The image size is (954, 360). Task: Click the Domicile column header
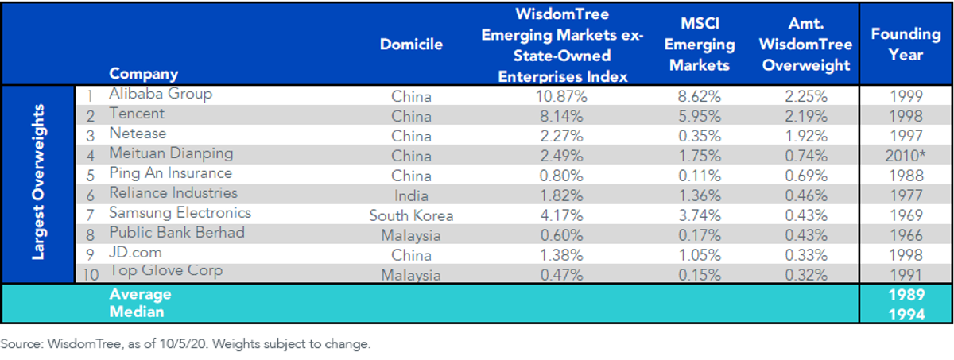click(411, 45)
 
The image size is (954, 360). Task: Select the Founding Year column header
click(906, 45)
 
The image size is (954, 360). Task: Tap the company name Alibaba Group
click(161, 94)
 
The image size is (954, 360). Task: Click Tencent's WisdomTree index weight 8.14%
click(561, 116)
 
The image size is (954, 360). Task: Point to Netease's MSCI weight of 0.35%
click(700, 136)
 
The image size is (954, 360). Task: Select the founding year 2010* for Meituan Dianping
click(906, 156)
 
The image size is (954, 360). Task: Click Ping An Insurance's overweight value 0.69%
click(806, 176)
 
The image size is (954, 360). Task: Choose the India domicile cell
click(411, 195)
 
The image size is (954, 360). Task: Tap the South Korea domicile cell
click(411, 215)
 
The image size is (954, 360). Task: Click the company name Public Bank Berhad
click(177, 232)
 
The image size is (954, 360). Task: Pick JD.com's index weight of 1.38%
click(561, 255)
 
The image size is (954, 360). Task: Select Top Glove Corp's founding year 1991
click(906, 274)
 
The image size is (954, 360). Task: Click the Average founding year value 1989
click(906, 295)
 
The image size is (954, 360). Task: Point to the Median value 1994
click(906, 315)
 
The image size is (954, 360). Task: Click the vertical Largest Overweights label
click(38, 182)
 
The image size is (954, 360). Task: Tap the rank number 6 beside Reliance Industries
click(91, 195)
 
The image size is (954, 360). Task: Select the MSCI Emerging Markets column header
click(700, 45)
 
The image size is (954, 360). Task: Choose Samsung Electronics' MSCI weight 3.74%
click(700, 215)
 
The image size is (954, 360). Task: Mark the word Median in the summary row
click(137, 312)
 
